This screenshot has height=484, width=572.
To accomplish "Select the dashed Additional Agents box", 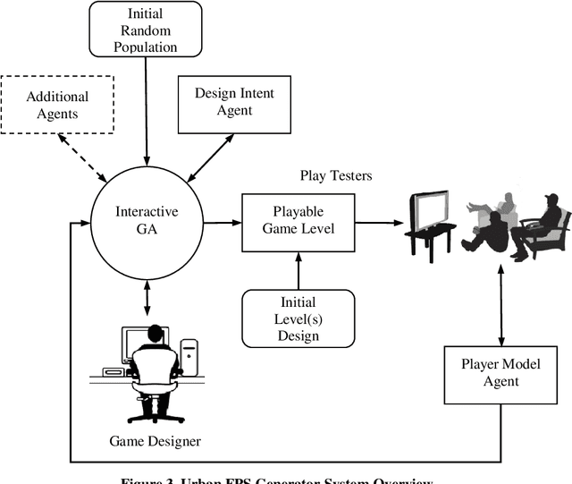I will pos(58,105).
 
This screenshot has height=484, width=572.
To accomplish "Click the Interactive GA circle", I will pos(147,220).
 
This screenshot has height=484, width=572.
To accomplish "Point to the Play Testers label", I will pos(335,176).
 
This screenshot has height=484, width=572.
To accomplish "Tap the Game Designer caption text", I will pos(156,440).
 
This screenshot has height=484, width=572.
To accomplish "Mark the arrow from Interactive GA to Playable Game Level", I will pos(219,223).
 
